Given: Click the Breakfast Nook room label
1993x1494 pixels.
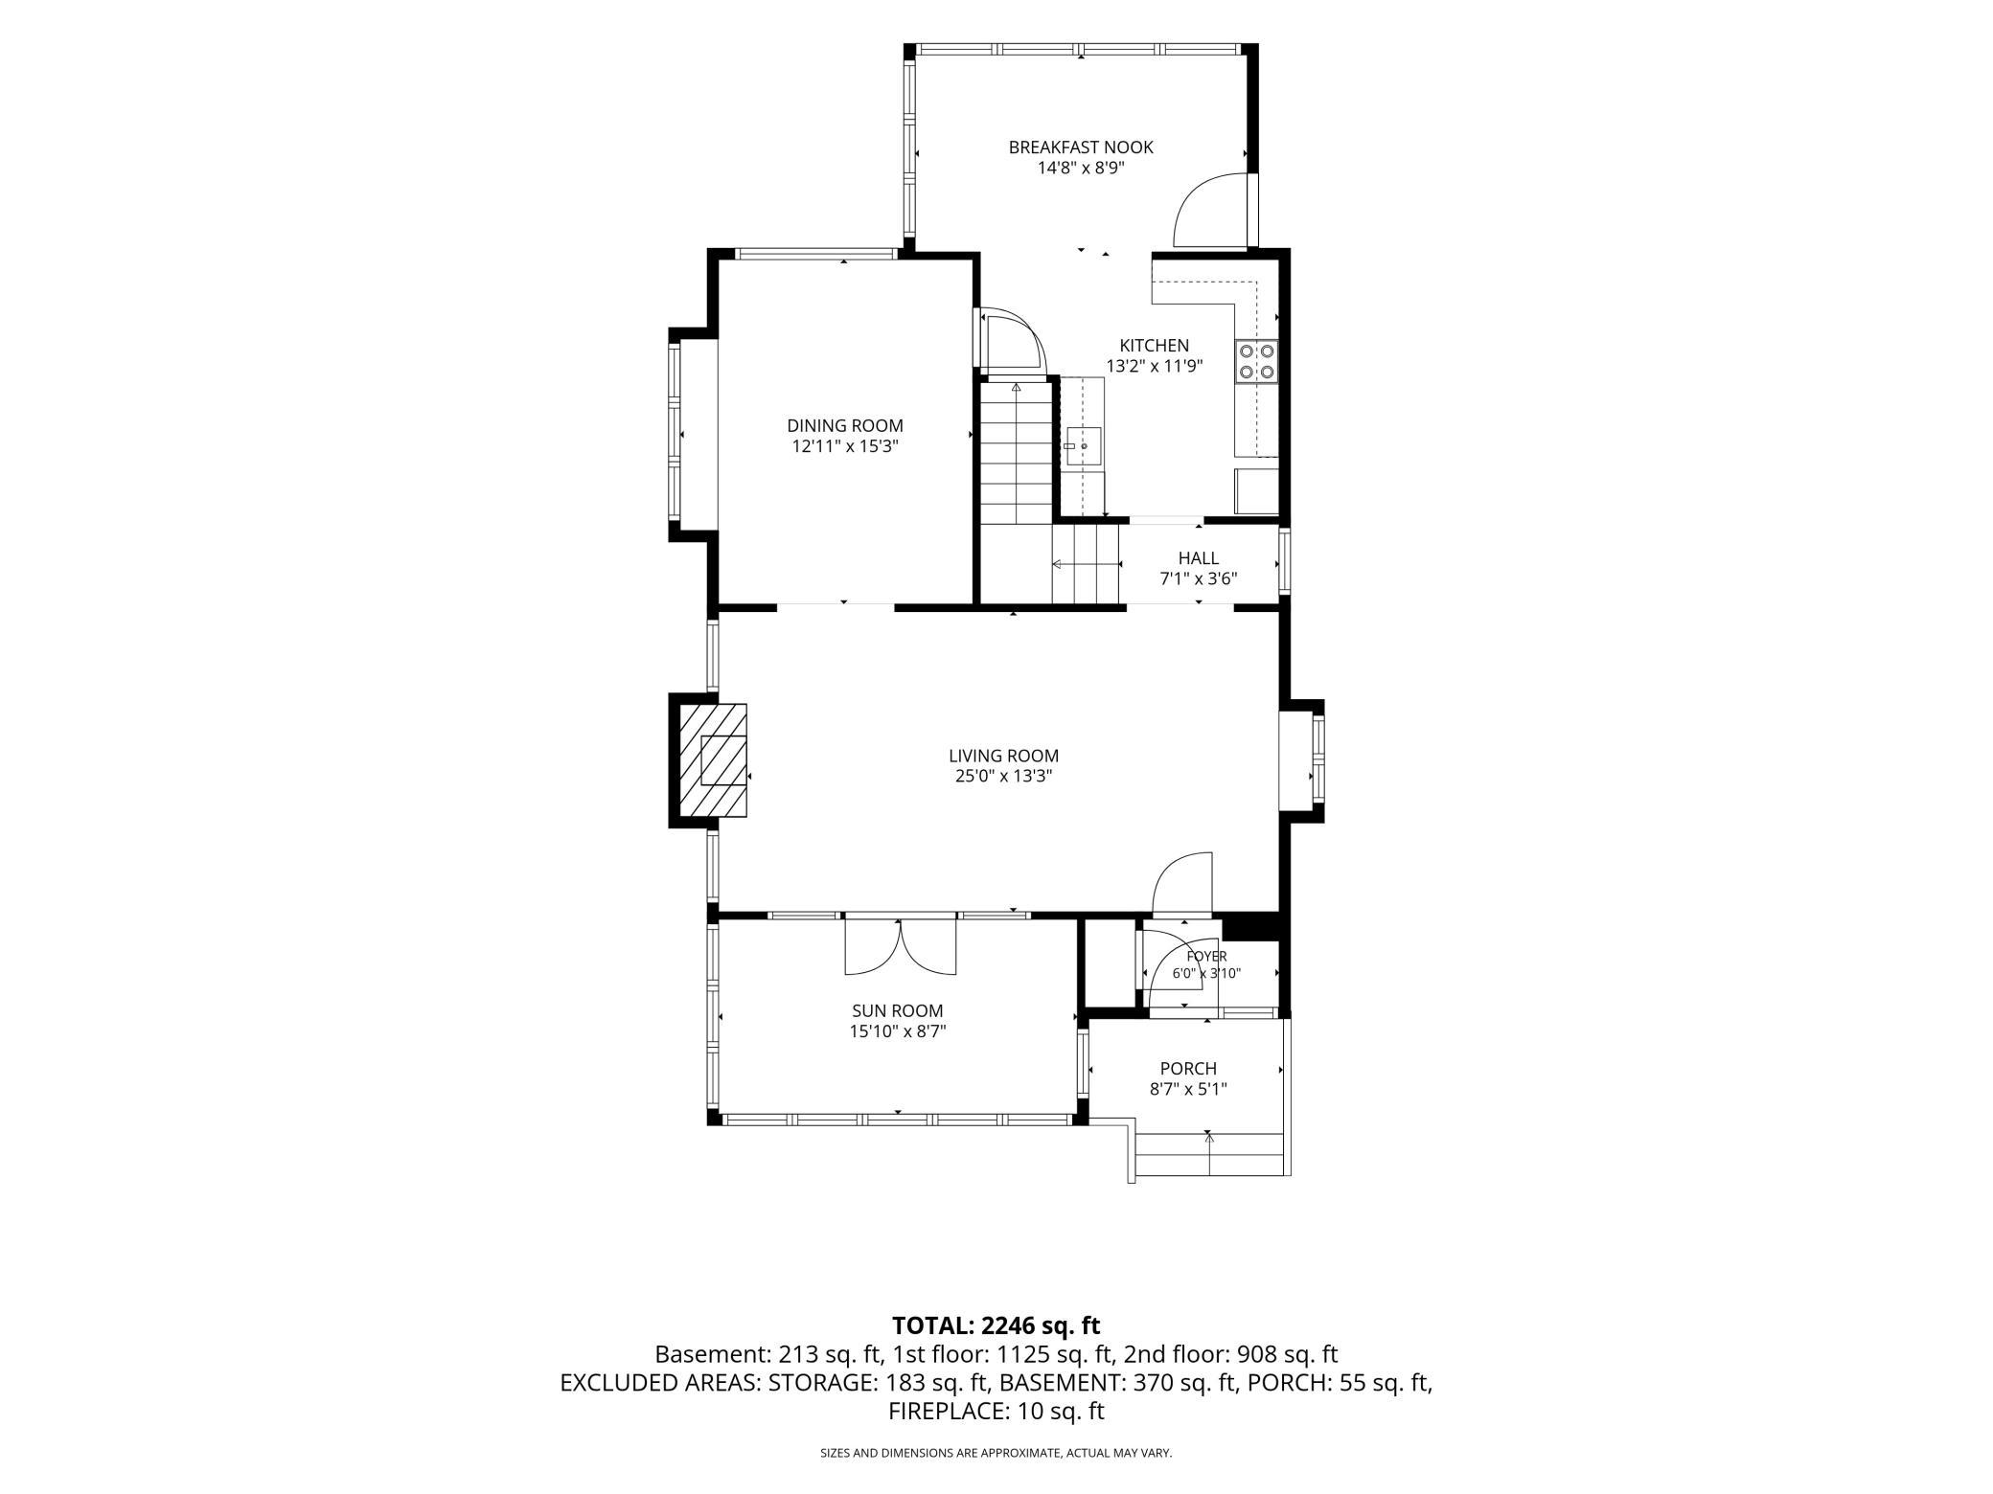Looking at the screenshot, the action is (1081, 147).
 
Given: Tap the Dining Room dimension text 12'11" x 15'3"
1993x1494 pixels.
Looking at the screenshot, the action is (845, 446).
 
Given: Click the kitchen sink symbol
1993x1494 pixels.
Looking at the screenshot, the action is (1084, 446).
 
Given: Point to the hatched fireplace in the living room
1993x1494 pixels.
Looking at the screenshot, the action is (713, 760).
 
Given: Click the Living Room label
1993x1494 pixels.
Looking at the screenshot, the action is (1003, 757).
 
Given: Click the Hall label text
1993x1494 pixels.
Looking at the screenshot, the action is (1199, 558).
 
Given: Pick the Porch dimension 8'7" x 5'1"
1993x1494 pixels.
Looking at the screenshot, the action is (1188, 1089).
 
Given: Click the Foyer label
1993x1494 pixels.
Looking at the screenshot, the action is (1206, 957).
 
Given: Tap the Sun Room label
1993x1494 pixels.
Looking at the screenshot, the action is (898, 1010).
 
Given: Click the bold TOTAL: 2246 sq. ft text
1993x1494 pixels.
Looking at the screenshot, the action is (996, 1325).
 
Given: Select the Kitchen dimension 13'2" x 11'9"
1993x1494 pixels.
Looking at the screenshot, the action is (1155, 366).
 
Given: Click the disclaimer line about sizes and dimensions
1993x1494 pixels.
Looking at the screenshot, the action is (996, 1453).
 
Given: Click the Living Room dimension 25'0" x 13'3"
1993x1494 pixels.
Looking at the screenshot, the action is (1003, 777).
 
